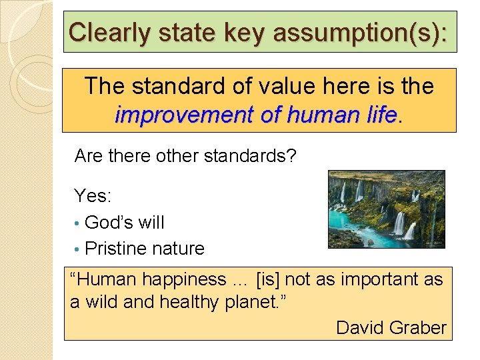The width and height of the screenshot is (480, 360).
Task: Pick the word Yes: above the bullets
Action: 93,195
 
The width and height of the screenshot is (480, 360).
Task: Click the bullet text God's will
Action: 125,222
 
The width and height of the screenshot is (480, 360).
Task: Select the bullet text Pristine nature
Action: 145,248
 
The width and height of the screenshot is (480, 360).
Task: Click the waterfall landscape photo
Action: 386,209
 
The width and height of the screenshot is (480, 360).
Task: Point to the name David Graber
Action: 391,327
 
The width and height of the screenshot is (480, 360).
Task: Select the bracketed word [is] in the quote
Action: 270,279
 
